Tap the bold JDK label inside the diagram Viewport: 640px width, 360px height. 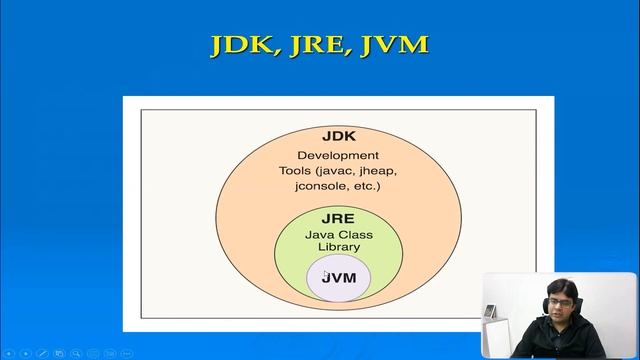338,136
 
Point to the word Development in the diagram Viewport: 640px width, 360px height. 338,155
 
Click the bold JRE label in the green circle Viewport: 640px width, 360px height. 338,218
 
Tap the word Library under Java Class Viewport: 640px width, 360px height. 338,246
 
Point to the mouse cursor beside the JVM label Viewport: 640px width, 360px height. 325,272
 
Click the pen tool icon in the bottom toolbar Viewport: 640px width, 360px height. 43,353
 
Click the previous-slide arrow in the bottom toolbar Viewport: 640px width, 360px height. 8,353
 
